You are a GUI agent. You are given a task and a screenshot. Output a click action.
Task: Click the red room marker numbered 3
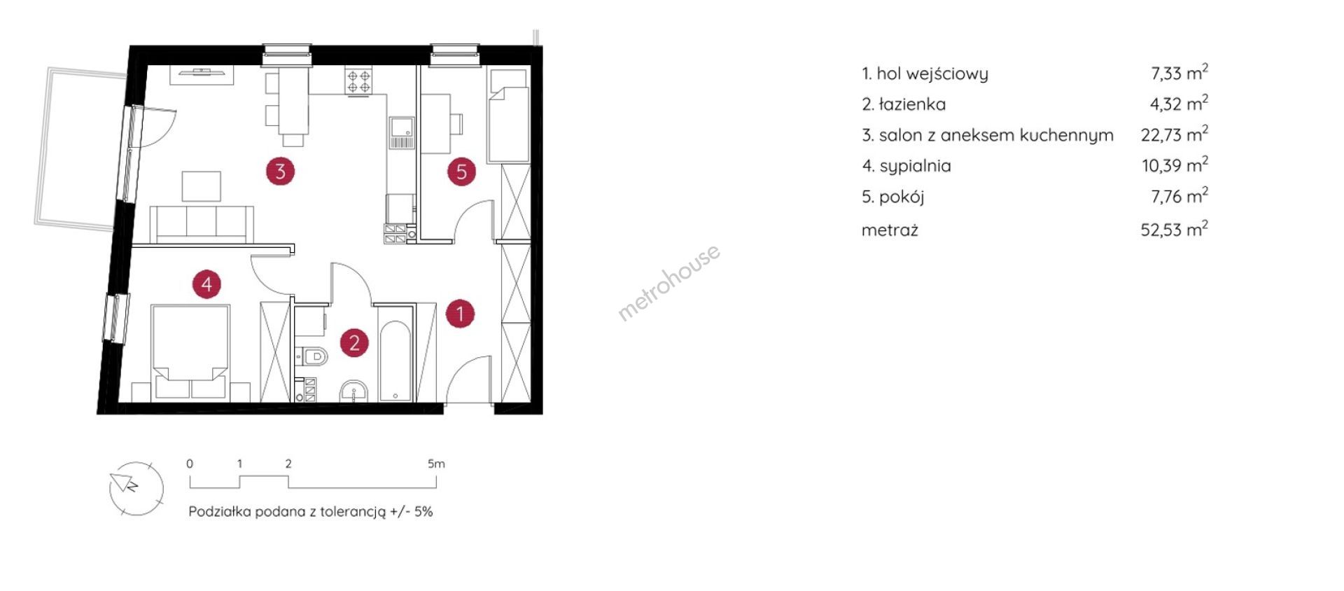click(280, 171)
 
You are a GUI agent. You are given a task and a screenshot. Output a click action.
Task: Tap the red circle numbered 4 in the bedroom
click(206, 284)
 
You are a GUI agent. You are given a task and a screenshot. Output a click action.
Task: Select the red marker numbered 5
click(461, 172)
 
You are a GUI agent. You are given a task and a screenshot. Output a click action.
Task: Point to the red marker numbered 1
click(460, 313)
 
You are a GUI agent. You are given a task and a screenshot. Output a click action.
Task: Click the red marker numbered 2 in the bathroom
click(354, 342)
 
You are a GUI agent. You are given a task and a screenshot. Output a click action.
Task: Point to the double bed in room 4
click(191, 352)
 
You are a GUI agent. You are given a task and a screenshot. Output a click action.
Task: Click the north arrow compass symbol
click(136, 489)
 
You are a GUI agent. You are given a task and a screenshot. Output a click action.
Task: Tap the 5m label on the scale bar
click(436, 464)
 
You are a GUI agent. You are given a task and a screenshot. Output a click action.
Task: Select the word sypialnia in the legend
click(915, 167)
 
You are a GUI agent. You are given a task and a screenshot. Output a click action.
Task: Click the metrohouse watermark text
click(668, 282)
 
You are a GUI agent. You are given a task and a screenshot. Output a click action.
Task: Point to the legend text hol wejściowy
click(932, 74)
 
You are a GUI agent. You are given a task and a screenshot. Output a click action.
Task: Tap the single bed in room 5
click(507, 116)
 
